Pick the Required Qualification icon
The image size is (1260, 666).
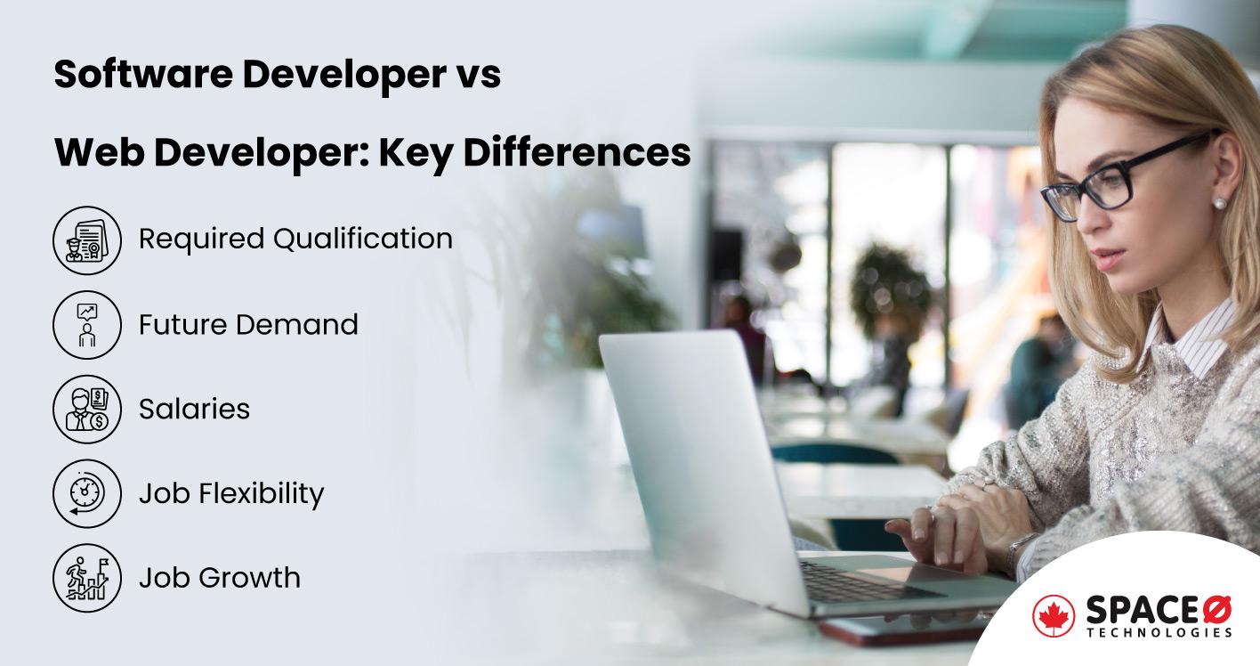point(86,240)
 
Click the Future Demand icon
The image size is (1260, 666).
point(86,324)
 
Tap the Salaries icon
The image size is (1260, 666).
point(86,409)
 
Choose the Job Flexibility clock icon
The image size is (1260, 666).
point(86,493)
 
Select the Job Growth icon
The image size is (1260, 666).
point(86,578)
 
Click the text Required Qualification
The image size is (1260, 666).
point(295,239)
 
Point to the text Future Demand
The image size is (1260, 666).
point(248,324)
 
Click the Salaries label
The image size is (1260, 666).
point(194,409)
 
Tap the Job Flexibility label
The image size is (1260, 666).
point(231,493)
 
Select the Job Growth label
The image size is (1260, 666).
point(220,578)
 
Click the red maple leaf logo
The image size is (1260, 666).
point(1054,616)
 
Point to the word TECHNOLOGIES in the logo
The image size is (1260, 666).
point(1159,632)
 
